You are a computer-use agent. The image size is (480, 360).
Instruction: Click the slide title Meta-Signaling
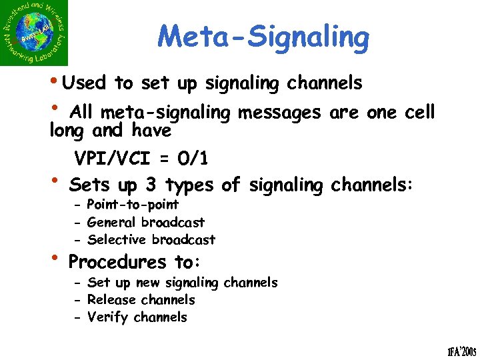coord(263,37)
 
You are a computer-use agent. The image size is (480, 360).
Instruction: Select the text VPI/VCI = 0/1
coord(141,159)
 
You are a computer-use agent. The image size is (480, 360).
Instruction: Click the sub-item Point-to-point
coord(133,205)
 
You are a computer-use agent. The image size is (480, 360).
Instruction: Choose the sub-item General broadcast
coord(146,222)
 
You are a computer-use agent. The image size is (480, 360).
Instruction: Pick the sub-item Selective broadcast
coord(151,239)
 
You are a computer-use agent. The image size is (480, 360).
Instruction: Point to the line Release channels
coord(141,300)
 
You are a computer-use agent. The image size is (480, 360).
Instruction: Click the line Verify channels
coord(137,317)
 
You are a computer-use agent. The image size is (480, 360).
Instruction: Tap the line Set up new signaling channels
coord(183,283)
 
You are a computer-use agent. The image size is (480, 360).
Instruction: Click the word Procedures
coord(117,261)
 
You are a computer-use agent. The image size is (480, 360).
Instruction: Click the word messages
coord(279,112)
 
